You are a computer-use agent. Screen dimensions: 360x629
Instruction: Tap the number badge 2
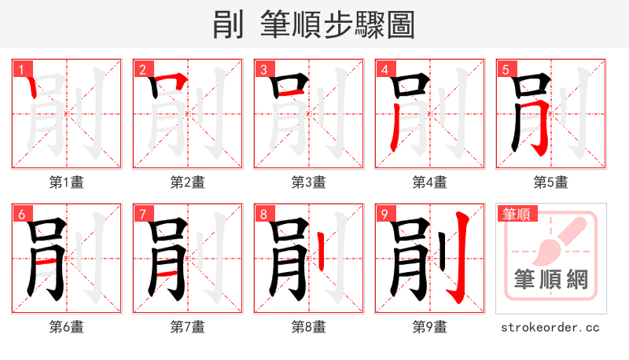point(143,70)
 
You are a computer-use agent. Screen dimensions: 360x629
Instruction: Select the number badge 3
point(264,70)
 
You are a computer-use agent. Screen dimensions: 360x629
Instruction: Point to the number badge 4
point(385,70)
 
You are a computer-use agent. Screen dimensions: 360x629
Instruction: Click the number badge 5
point(506,70)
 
